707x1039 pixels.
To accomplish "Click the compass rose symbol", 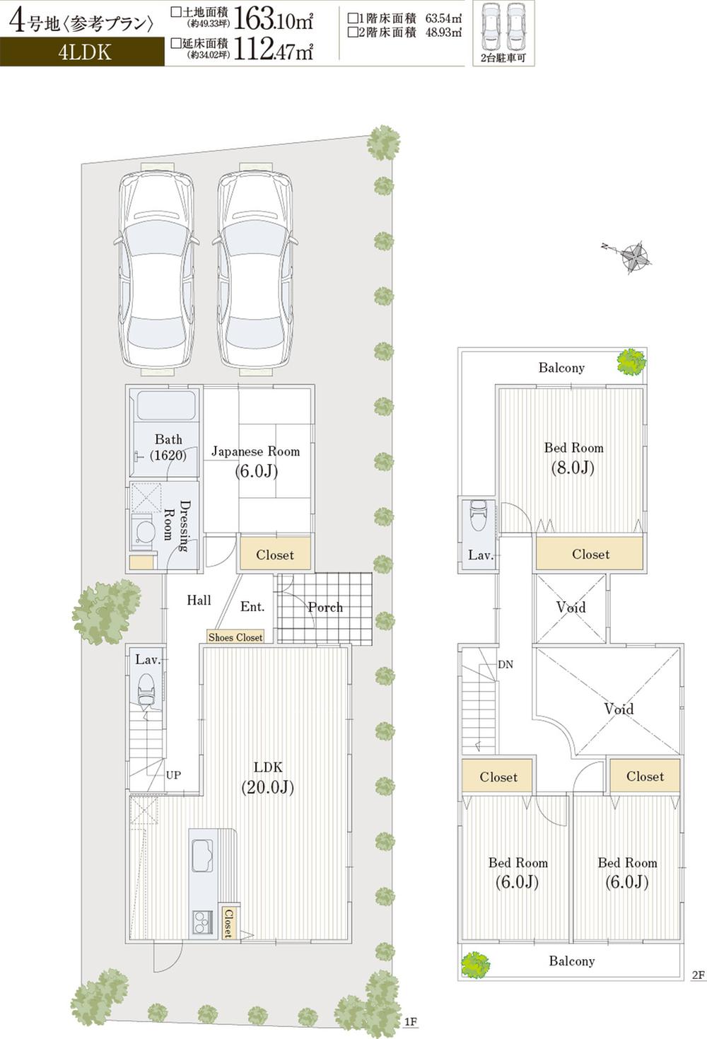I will coord(634,257).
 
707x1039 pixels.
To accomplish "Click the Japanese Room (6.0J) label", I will coord(255,461).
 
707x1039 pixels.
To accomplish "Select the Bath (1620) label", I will coord(168,448).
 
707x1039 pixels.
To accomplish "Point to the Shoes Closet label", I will coord(235,637).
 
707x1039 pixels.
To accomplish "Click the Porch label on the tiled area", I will coord(325,607).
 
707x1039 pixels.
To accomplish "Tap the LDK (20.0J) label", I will coord(268,777).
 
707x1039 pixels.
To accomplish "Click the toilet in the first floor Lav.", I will coord(146,690).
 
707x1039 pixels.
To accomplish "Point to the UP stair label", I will coord(173,775).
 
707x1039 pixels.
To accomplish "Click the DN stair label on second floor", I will coord(506,665).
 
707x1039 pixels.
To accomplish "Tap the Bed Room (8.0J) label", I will coord(573,458).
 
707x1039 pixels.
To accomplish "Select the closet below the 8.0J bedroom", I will coord(590,554).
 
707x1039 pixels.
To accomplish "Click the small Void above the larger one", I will coord(571,607).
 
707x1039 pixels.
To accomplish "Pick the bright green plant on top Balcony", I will coord(631,361).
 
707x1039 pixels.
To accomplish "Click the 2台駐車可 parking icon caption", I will coord(503,58).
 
